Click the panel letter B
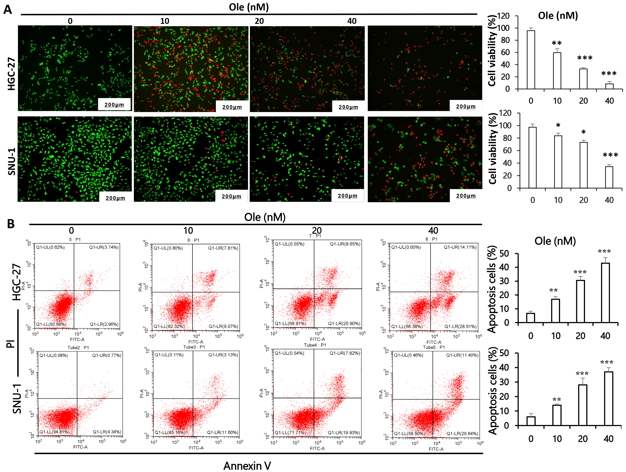[x=11, y=224]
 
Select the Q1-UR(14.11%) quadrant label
[x=460, y=247]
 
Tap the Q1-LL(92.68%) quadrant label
[x=51, y=324]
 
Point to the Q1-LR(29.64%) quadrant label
[x=462, y=434]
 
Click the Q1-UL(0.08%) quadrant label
[x=54, y=355]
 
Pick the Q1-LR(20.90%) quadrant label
[x=344, y=323]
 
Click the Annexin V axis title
[x=247, y=465]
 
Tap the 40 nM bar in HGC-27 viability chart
[x=609, y=86]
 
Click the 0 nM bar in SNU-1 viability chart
[x=532, y=157]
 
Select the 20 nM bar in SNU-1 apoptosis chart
[x=582, y=405]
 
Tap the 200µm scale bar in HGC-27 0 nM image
[x=114, y=105]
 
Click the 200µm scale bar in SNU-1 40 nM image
[x=465, y=196]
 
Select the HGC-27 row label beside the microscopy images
[x=11, y=73]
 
